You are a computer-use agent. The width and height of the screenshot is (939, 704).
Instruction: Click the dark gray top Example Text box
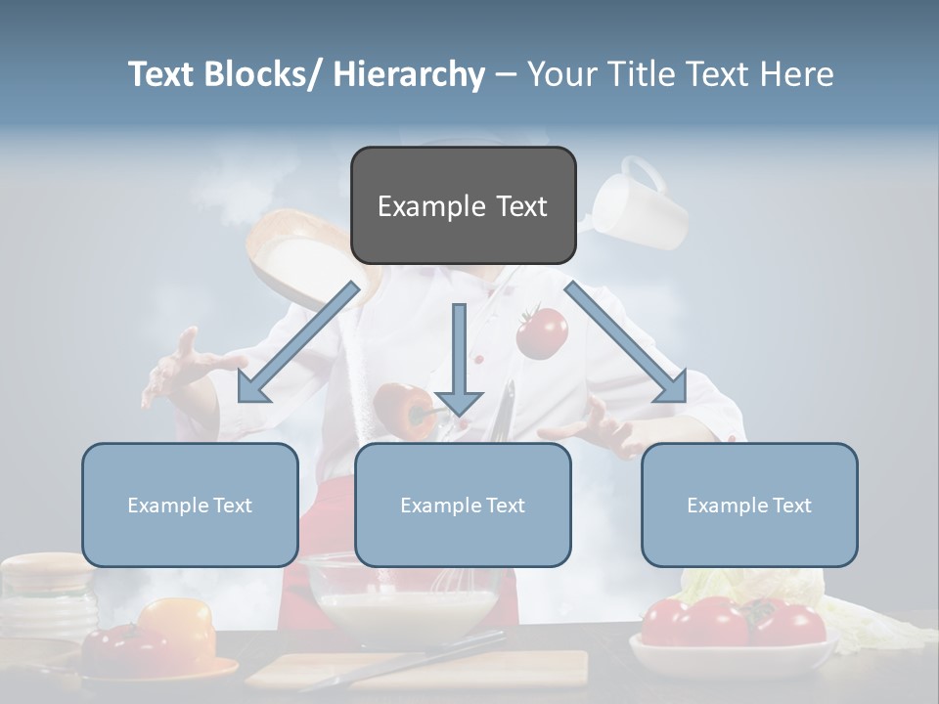click(463, 205)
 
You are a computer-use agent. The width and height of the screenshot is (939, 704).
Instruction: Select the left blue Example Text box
click(190, 505)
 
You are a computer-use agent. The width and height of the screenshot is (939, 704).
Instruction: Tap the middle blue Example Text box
click(463, 505)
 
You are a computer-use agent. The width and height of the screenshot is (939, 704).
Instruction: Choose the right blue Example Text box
click(749, 505)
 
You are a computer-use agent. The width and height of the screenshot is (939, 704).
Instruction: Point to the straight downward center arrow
click(459, 357)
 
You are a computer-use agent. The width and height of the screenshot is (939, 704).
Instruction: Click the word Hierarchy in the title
click(409, 74)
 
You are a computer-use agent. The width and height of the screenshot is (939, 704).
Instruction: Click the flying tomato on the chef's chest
click(541, 331)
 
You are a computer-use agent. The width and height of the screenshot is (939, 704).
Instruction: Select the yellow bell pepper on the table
click(178, 628)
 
